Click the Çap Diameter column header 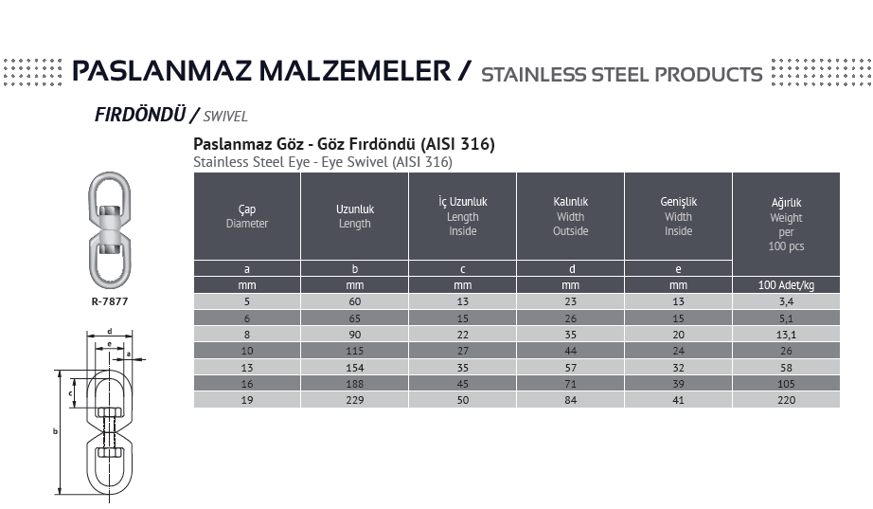pyautogui.click(x=247, y=216)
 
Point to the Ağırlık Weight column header pyautogui.click(x=786, y=224)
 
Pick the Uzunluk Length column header pyautogui.click(x=355, y=216)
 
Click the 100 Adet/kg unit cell pyautogui.click(x=786, y=284)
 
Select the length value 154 pyautogui.click(x=355, y=367)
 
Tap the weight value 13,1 pyautogui.click(x=786, y=335)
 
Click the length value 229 pyautogui.click(x=355, y=399)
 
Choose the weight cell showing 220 pyautogui.click(x=786, y=399)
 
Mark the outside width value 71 pyautogui.click(x=570, y=383)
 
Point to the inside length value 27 pyautogui.click(x=463, y=351)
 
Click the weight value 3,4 pyautogui.click(x=786, y=301)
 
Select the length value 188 pyautogui.click(x=355, y=383)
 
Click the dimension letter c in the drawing pyautogui.click(x=71, y=393)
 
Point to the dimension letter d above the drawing pyautogui.click(x=109, y=331)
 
